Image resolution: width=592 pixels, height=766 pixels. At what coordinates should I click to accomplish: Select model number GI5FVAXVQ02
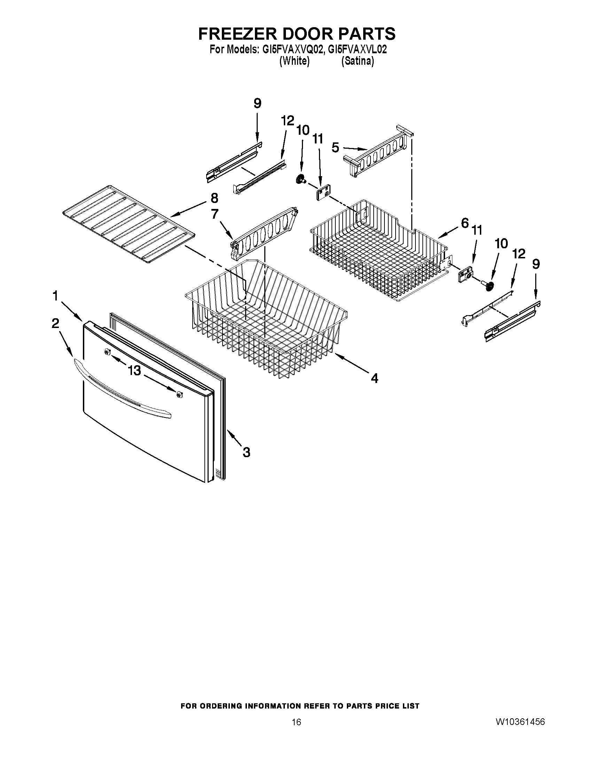[x=292, y=49]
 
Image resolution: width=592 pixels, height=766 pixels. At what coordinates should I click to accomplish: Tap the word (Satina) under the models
[x=357, y=61]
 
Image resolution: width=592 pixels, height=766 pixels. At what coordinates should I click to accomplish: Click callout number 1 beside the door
[x=55, y=296]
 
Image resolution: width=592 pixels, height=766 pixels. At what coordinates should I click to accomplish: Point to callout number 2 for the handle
[x=55, y=323]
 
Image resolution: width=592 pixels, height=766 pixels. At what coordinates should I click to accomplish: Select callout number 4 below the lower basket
[x=375, y=378]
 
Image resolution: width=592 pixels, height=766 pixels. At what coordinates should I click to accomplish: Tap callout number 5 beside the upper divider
[x=335, y=148]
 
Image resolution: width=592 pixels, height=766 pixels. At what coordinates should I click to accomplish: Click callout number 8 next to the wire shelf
[x=214, y=198]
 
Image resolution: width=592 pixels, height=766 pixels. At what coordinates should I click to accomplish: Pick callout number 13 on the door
[x=134, y=370]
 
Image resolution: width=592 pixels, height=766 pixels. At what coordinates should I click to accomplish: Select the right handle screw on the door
[x=180, y=395]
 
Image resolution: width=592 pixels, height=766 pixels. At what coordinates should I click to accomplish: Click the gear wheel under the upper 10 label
[x=300, y=180]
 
